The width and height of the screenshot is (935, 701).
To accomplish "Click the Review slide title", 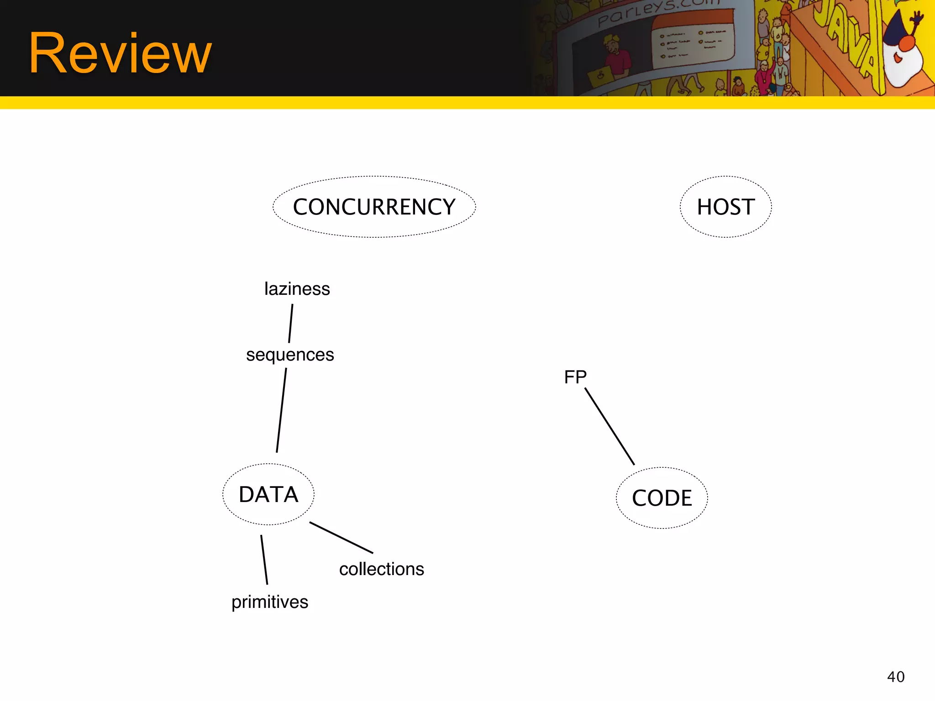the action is [x=121, y=54].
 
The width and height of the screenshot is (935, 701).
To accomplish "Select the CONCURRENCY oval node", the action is [x=374, y=207].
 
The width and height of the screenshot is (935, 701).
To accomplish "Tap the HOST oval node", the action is [x=725, y=207].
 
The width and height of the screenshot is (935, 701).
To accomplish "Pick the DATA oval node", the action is [x=268, y=494].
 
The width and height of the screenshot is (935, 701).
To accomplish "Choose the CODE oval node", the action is [x=662, y=498].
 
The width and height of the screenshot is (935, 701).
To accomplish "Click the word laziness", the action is [x=297, y=289].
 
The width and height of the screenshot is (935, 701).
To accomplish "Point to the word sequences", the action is [x=290, y=355].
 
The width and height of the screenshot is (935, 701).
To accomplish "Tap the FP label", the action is [x=575, y=377].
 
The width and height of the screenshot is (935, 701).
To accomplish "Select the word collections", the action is [x=382, y=569].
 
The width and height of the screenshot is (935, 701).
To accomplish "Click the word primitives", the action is [x=270, y=602].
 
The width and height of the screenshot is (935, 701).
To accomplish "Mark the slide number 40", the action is [x=896, y=677].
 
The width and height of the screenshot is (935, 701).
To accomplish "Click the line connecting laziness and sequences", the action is [x=290, y=324].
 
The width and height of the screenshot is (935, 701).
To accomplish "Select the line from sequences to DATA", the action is [x=281, y=410].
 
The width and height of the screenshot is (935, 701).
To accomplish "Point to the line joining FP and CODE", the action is [x=609, y=426].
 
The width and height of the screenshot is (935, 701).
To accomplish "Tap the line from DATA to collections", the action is [x=341, y=538].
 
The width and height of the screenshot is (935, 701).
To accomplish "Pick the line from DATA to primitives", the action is [x=264, y=560].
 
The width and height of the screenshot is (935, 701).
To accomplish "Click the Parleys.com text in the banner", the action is [x=657, y=12].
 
